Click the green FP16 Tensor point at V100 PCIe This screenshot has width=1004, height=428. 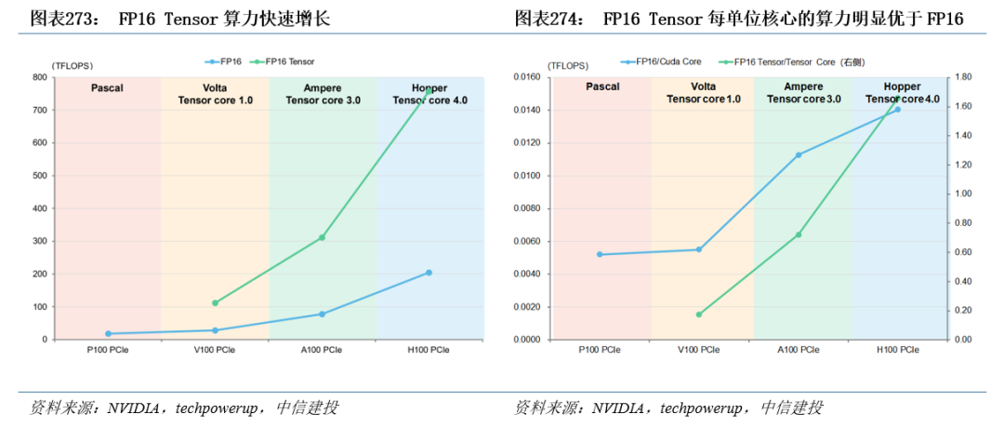[x=215, y=303]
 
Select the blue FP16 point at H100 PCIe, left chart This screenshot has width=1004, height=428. [x=429, y=273]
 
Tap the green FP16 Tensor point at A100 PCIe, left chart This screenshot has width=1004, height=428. [x=322, y=237]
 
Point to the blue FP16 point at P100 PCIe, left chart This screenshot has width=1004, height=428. [x=108, y=333]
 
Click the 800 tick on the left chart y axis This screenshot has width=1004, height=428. [x=40, y=77]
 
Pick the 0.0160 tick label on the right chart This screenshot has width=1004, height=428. [x=523, y=77]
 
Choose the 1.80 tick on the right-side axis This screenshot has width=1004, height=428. [x=963, y=77]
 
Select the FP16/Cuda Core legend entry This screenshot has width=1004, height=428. [x=662, y=61]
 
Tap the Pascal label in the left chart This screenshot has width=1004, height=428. [x=108, y=88]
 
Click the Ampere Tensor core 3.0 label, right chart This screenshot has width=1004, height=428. [x=803, y=93]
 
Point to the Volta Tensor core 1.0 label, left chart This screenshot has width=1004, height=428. [x=215, y=94]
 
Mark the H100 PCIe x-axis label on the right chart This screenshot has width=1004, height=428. [x=897, y=350]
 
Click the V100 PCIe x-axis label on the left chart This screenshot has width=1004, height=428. [x=215, y=350]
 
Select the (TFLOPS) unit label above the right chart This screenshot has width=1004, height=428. [x=567, y=65]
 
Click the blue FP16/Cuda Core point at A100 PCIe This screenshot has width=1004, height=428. [x=798, y=154]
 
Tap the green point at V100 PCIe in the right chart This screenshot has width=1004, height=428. [x=698, y=314]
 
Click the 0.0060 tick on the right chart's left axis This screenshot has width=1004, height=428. [x=523, y=241]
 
